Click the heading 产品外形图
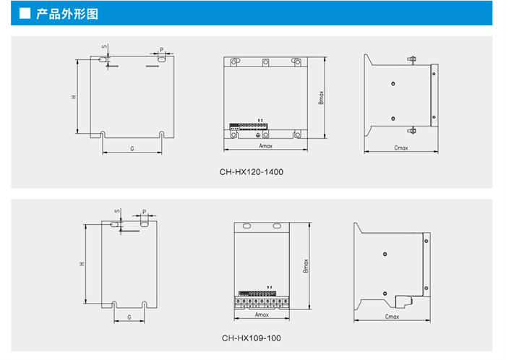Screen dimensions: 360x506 tap(67, 14)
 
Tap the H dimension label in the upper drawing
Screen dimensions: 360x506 tap(74, 96)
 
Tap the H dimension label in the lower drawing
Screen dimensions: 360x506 tap(82, 265)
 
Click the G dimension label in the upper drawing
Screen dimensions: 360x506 tap(132, 147)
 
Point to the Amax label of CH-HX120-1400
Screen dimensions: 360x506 tap(265, 146)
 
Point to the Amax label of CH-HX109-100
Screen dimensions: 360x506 tap(262, 314)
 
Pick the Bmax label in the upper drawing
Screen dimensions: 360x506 tap(321, 97)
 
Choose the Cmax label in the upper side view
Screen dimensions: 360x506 tap(400, 147)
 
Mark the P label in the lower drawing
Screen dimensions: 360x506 tap(145, 213)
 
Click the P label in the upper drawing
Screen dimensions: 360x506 tap(161, 50)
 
